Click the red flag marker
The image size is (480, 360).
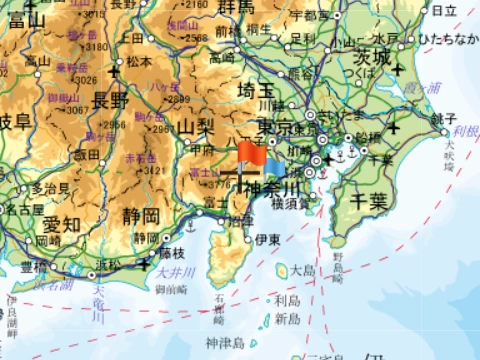coord(250,155)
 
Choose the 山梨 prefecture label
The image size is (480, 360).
coord(198,127)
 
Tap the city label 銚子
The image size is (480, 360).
coord(442,118)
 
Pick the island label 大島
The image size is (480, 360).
coord(301,270)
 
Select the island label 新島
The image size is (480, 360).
coord(288,317)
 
